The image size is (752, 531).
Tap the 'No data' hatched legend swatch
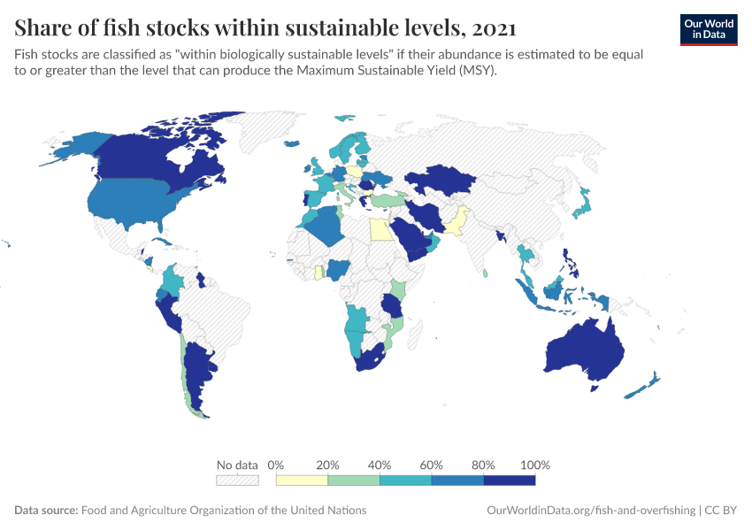point(237,480)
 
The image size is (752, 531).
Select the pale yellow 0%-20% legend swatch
point(302,480)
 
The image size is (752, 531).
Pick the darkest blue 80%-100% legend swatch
point(510,480)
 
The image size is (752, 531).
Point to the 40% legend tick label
point(380,465)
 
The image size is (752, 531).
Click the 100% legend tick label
point(535,465)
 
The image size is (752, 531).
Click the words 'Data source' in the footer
point(46,511)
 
